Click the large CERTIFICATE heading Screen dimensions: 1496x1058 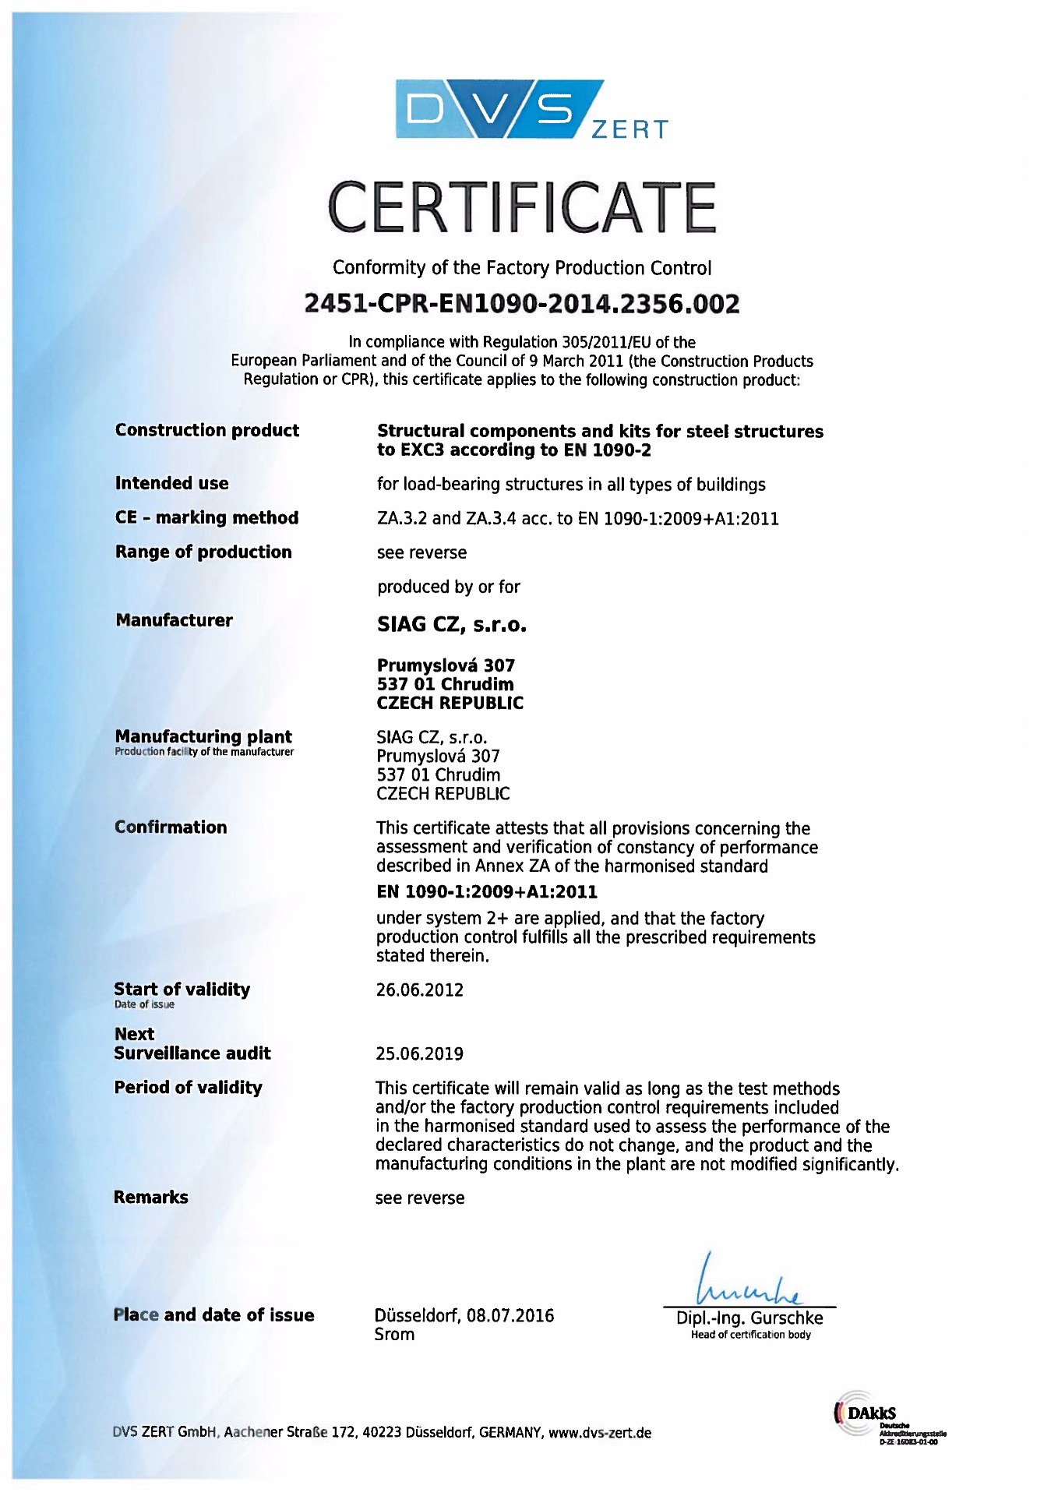point(521,207)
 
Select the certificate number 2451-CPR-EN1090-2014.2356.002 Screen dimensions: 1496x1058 point(521,304)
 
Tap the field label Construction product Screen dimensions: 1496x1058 point(206,430)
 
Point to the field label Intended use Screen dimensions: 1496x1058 point(171,483)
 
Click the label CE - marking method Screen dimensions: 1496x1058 point(206,518)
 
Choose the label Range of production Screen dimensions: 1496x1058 point(203,552)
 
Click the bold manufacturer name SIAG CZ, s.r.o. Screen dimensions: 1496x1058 point(451,625)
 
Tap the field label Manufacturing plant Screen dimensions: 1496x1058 point(203,736)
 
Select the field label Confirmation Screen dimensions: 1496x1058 point(171,827)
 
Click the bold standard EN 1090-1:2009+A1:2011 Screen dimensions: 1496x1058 point(486,891)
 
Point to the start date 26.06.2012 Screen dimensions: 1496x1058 point(419,990)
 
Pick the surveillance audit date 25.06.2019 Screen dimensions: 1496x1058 point(419,1054)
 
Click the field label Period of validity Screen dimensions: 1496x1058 point(188,1088)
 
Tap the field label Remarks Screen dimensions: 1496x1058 point(150,1198)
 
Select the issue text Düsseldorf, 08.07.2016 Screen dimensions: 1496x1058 point(464,1316)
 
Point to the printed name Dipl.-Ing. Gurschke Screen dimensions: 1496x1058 point(749,1318)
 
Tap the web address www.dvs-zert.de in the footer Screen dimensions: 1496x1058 point(600,1433)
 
